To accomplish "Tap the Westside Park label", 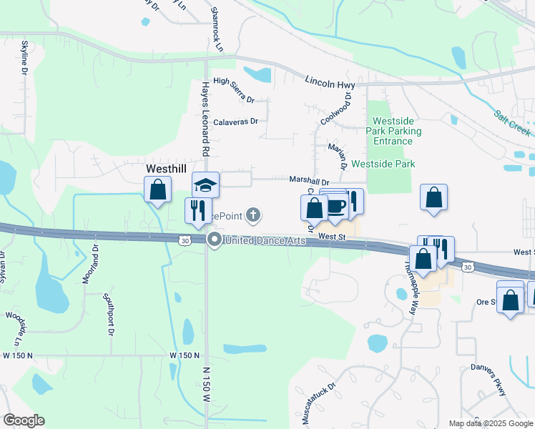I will point(383,164).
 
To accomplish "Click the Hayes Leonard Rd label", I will point(205,118).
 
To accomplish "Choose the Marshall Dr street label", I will point(308,182).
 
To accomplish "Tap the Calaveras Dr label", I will point(235,122).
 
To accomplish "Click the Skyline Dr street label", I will point(24,58).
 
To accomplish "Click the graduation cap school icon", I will point(206,186).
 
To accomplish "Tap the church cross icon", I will point(252,214).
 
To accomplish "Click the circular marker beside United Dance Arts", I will point(214,241).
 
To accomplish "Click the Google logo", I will point(24,420).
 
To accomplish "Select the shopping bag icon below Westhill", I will point(157,191).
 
